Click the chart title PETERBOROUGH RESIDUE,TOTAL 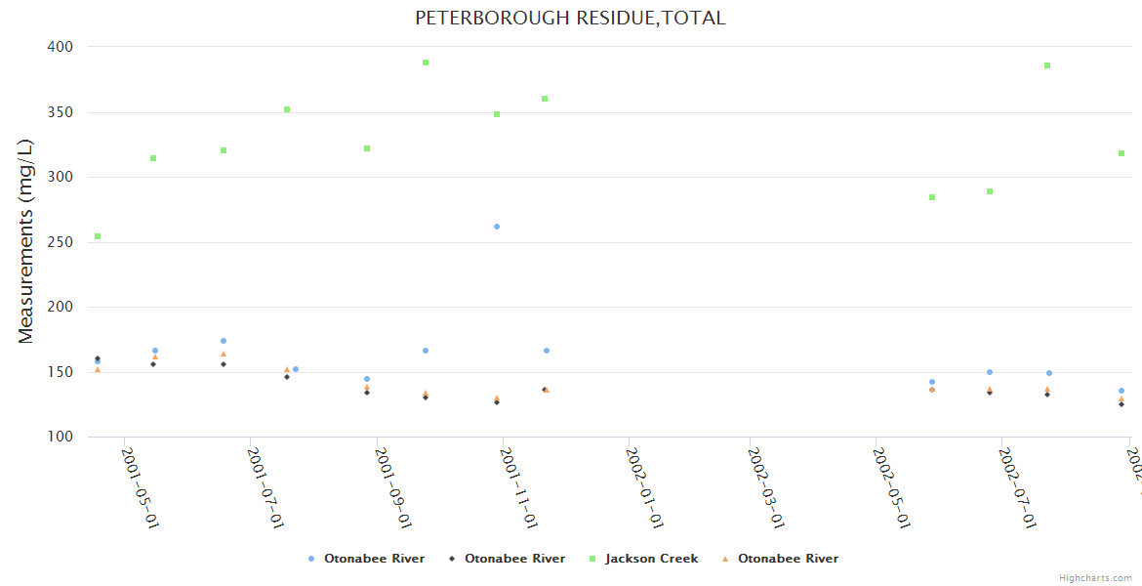(570, 19)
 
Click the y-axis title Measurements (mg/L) (26, 241)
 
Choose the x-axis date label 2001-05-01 (140, 488)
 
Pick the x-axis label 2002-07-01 (1017, 488)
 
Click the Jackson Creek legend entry (651, 559)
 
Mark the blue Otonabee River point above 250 (497, 227)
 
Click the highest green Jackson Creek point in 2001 (426, 63)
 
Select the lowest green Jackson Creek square (98, 236)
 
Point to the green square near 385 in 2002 (1047, 65)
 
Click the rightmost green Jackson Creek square (1122, 153)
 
